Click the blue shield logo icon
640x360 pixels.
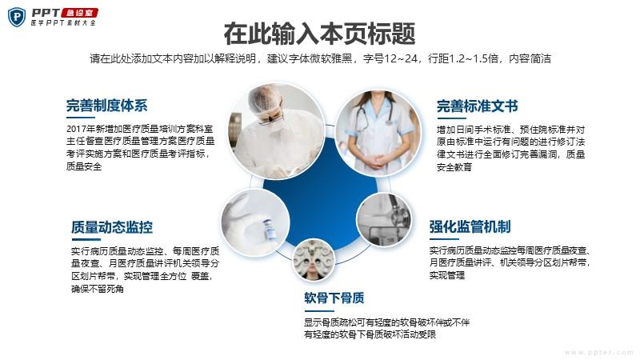[x=17, y=17]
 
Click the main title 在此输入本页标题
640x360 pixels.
[x=319, y=34]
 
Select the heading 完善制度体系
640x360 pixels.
[x=107, y=106]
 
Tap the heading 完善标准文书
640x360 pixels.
[x=477, y=106]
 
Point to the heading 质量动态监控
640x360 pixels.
[x=112, y=227]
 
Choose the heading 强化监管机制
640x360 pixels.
[x=470, y=226]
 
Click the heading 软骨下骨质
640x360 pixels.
[x=334, y=298]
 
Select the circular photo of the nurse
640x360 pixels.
[x=378, y=134]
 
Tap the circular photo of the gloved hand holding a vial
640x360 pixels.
[x=255, y=222]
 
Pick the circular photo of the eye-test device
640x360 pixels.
[x=314, y=260]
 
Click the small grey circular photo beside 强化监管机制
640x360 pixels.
[x=384, y=220]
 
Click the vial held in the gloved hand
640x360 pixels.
[x=269, y=230]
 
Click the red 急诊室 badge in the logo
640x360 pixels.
[x=79, y=13]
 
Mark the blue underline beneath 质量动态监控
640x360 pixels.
[x=86, y=239]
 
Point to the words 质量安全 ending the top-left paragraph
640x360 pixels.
[x=84, y=166]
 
